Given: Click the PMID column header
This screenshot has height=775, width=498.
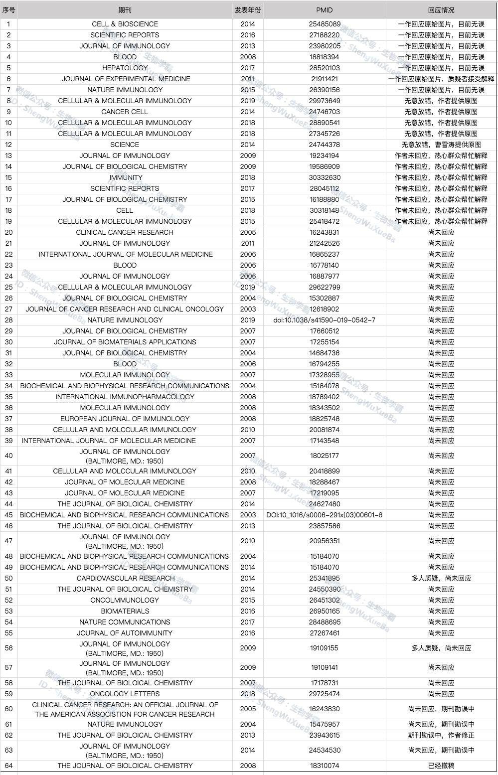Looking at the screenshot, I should [x=324, y=10].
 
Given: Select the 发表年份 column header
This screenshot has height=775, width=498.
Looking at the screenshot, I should [x=248, y=10].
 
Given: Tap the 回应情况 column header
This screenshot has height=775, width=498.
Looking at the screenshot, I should [x=441, y=10].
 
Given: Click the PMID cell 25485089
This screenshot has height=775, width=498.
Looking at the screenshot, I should [x=325, y=24].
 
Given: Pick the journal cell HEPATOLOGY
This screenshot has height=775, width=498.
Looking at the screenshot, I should [x=125, y=68].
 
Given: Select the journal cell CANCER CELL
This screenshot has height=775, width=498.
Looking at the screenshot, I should [x=125, y=112].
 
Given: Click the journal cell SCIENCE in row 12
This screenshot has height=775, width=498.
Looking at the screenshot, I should [x=125, y=145].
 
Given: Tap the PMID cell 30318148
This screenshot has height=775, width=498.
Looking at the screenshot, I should [x=325, y=210].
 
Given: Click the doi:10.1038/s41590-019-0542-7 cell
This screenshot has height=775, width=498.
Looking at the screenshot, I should [x=325, y=320].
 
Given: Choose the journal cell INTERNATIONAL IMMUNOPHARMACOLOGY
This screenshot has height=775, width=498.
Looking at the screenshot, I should [x=125, y=397].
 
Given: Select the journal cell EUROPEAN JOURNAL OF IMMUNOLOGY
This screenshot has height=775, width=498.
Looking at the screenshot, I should [x=125, y=419].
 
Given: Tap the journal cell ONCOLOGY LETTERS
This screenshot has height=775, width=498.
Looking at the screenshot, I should [x=125, y=694].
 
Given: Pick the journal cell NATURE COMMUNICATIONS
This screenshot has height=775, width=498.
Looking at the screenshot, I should [x=125, y=622].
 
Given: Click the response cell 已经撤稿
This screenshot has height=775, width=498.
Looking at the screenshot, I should [x=441, y=766].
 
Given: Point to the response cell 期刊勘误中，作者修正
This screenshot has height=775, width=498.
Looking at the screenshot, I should [x=441, y=735].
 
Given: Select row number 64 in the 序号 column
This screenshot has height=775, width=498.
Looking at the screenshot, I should [x=9, y=766].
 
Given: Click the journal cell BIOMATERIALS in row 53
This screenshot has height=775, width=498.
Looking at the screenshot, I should [x=125, y=611].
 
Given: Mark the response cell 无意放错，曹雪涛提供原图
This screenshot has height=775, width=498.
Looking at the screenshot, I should [x=441, y=145].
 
